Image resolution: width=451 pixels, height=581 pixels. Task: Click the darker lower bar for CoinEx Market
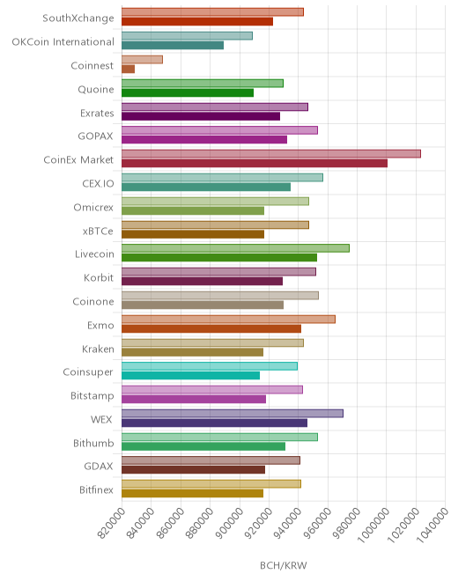click(255, 163)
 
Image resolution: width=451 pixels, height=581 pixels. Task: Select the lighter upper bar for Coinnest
click(142, 59)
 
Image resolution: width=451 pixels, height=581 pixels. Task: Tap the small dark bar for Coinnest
click(128, 69)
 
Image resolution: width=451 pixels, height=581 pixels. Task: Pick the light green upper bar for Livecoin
click(235, 248)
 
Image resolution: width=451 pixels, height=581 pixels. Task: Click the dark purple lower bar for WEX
click(214, 423)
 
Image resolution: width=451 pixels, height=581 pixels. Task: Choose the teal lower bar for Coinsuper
click(190, 375)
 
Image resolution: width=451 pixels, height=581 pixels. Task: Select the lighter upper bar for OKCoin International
click(187, 35)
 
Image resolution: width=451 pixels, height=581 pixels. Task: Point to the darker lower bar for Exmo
click(211, 328)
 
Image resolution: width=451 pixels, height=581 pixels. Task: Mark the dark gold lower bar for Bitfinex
click(193, 493)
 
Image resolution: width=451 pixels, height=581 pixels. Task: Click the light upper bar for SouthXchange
click(212, 11)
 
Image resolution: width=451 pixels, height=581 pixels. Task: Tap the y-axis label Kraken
click(98, 349)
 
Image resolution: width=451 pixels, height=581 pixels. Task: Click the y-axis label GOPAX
click(95, 136)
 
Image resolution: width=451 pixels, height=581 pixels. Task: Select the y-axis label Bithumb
click(93, 443)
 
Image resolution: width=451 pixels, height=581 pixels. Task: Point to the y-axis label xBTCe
click(98, 231)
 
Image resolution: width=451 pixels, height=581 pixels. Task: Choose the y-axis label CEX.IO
click(99, 183)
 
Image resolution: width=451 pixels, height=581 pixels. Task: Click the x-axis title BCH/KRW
click(284, 565)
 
